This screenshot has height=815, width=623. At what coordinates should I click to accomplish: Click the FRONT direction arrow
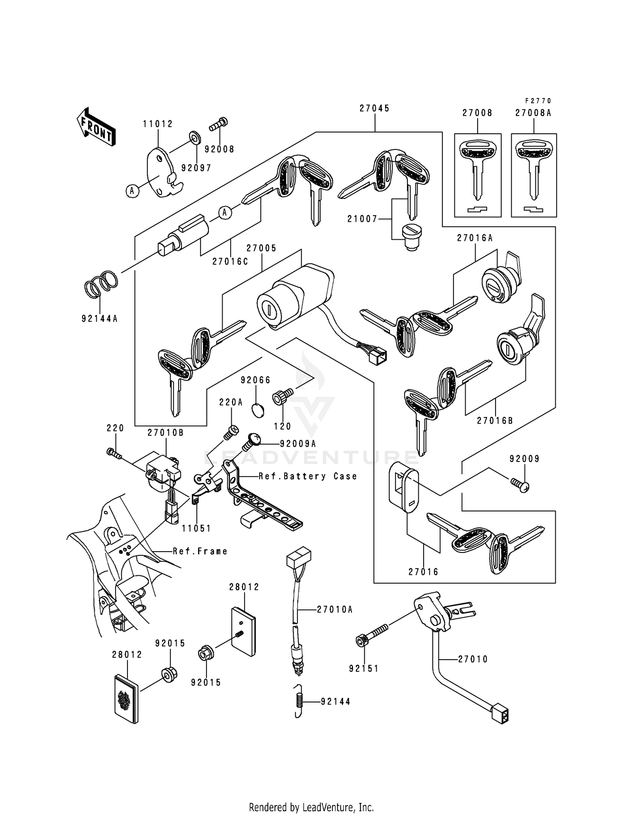point(96,127)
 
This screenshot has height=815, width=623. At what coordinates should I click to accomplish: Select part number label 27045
point(374,108)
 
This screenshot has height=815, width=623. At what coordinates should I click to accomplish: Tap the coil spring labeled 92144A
point(101,284)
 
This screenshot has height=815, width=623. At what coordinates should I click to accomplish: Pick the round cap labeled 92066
point(258,410)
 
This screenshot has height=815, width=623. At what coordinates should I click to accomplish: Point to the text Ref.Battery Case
point(308,476)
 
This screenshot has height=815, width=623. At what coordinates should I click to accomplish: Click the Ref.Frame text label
point(200,552)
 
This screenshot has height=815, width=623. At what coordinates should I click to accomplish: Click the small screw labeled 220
point(113,453)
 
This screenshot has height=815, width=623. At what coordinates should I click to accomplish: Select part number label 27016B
point(495,420)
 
